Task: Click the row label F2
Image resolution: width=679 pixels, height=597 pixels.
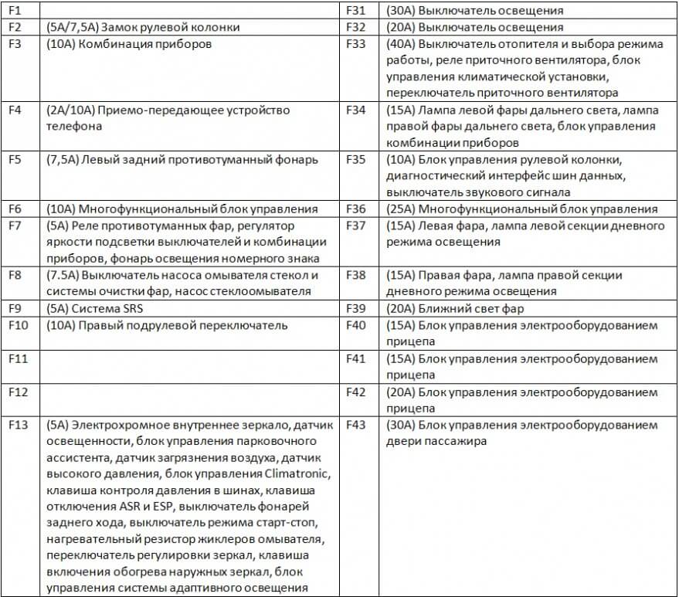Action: (x=15, y=28)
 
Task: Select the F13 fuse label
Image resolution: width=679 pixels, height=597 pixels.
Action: (x=18, y=426)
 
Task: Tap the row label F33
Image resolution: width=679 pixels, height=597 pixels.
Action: (x=355, y=44)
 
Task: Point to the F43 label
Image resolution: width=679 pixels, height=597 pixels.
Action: (x=355, y=426)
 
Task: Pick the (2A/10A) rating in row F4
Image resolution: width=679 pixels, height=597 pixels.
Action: (x=70, y=110)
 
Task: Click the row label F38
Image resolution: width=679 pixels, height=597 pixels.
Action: (x=355, y=276)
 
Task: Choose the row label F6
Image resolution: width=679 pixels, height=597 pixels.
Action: (x=15, y=209)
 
